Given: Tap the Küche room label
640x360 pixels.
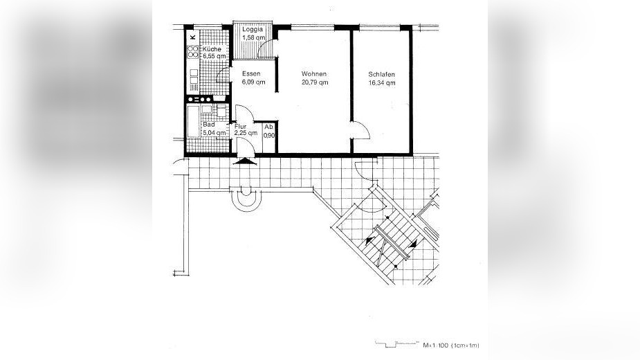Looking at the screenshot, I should point(211,50).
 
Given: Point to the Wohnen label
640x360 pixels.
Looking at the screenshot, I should point(313,74).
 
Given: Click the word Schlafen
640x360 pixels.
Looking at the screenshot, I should point(382,74).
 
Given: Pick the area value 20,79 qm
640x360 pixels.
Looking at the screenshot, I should point(314,82).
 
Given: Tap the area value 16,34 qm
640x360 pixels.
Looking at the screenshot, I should point(382,82).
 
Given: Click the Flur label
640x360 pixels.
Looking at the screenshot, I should point(240,127).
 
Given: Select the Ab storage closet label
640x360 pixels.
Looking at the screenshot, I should point(269,127).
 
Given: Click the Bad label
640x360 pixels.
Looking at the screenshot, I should point(208,125).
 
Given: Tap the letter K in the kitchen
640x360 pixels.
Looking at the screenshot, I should point(193,36).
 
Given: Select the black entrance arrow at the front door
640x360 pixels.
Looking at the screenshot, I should point(243,161).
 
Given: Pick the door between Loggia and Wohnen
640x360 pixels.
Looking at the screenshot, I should point(271,46).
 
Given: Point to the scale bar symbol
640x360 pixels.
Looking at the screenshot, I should point(396,342).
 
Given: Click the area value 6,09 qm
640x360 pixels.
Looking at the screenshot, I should point(253,82).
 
